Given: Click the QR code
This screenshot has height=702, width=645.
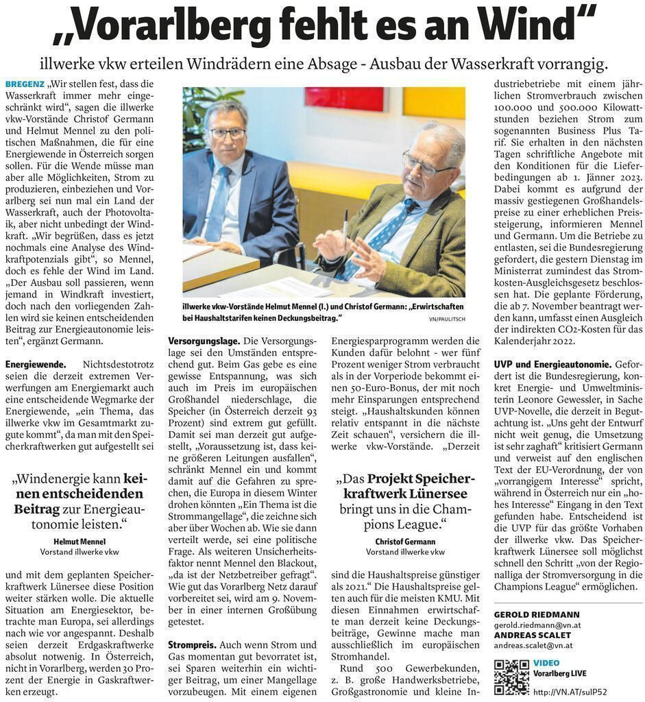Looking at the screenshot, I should (511, 676).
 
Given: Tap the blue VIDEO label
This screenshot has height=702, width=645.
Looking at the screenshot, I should (546, 663).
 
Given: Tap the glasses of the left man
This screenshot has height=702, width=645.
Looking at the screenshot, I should (227, 133).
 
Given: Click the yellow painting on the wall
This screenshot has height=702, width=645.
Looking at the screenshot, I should (433, 102).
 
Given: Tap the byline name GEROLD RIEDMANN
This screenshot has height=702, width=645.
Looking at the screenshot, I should (536, 614).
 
